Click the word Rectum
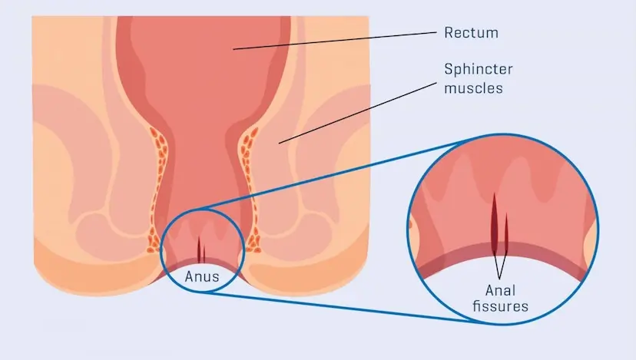pos(472,33)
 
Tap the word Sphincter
pos(479,69)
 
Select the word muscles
pos(473,88)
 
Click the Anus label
pos(202,276)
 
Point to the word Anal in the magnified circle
pos(501,290)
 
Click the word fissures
pos(501,306)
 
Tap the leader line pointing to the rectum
pos(335,41)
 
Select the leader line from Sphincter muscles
pos(358,113)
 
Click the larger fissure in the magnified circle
pos(495,224)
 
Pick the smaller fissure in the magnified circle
pos(506,234)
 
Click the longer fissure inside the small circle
pos(199,249)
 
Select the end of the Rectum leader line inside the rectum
pos(234,49)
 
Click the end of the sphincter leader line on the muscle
pos(279,144)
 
